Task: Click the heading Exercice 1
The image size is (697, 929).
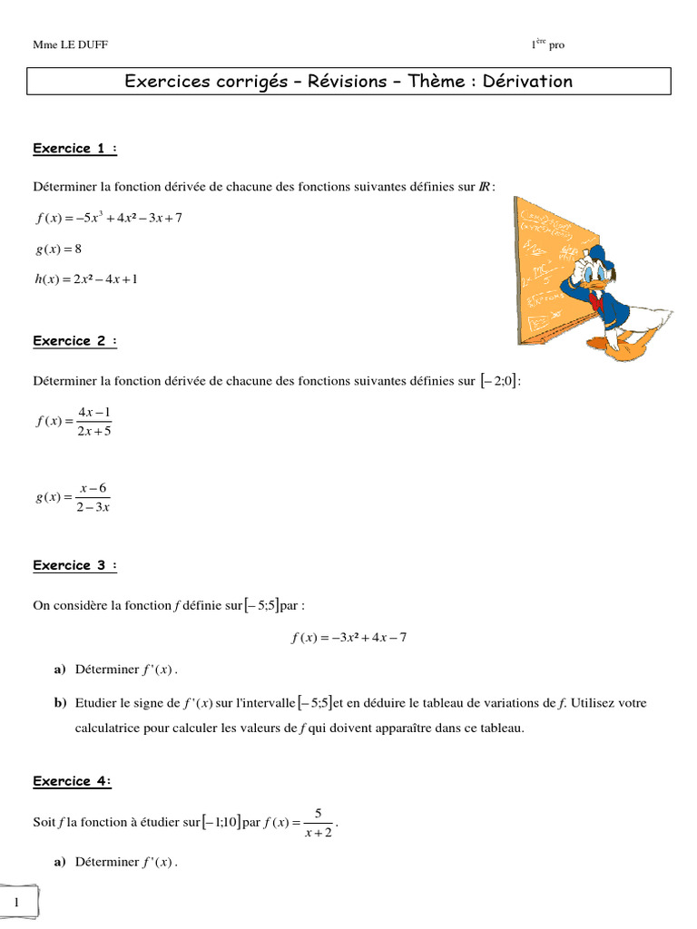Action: click(75, 149)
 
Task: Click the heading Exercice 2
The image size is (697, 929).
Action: click(75, 341)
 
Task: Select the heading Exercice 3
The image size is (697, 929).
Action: click(75, 565)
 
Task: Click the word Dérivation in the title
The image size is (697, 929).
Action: click(527, 82)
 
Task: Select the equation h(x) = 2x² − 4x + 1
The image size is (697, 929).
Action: click(86, 279)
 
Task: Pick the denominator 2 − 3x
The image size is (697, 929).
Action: click(93, 507)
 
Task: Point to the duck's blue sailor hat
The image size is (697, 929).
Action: click(594, 255)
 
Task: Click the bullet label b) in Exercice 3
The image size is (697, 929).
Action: click(60, 703)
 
